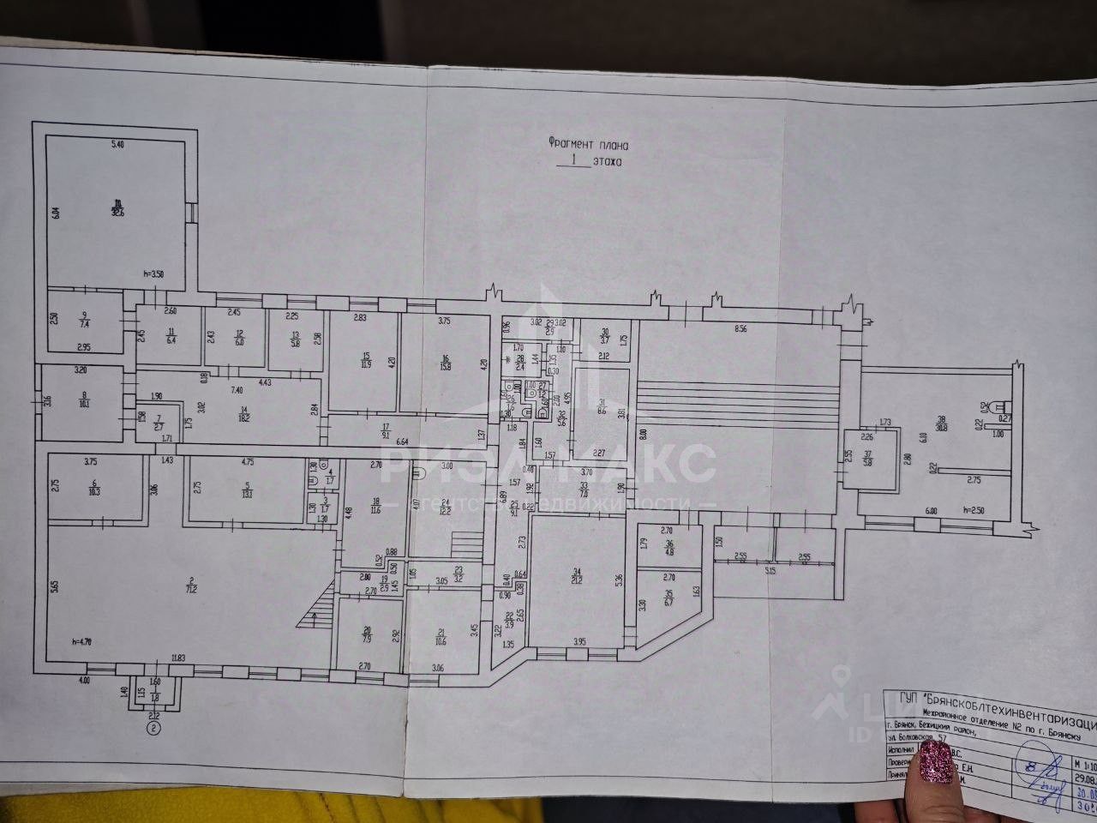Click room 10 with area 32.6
[x=115, y=208]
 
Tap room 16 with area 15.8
[x=446, y=363]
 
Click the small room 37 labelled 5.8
[x=868, y=460]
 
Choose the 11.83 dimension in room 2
[x=178, y=658]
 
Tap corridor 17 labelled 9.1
[x=386, y=432]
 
